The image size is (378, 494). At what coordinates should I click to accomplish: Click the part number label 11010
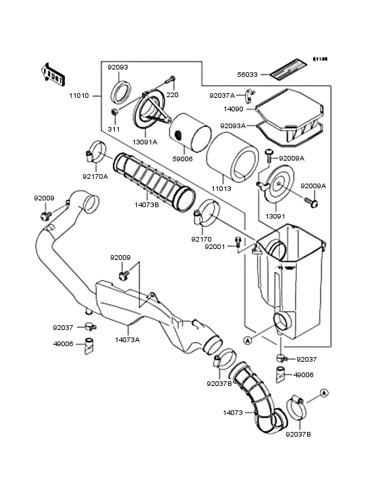pyautogui.click(x=78, y=96)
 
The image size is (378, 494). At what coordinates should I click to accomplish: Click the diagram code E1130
pyautogui.click(x=319, y=59)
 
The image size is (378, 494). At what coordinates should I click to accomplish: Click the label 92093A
pyautogui.click(x=233, y=125)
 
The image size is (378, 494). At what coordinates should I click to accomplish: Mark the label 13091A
pyautogui.click(x=144, y=142)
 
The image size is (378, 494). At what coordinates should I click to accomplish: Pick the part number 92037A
pyautogui.click(x=222, y=96)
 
